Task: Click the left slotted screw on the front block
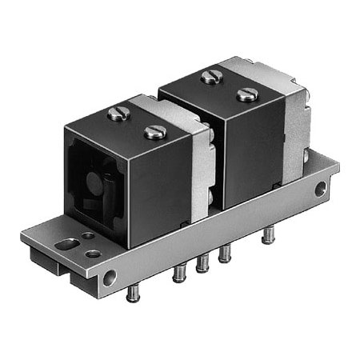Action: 119,114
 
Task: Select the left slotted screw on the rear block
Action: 211,77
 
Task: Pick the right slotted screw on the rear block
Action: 247,94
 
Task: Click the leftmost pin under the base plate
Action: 133,293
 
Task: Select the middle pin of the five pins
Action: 202,263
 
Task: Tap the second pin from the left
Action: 178,274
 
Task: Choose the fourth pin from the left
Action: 225,254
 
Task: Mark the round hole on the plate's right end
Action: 320,190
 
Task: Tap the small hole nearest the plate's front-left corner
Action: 94,254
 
